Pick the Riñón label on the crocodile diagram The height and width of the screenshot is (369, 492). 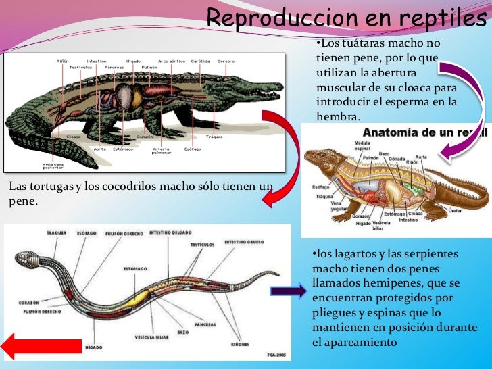click(62, 62)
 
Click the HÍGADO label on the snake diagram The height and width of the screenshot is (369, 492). click(93, 347)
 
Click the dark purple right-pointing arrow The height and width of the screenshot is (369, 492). click(289, 292)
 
